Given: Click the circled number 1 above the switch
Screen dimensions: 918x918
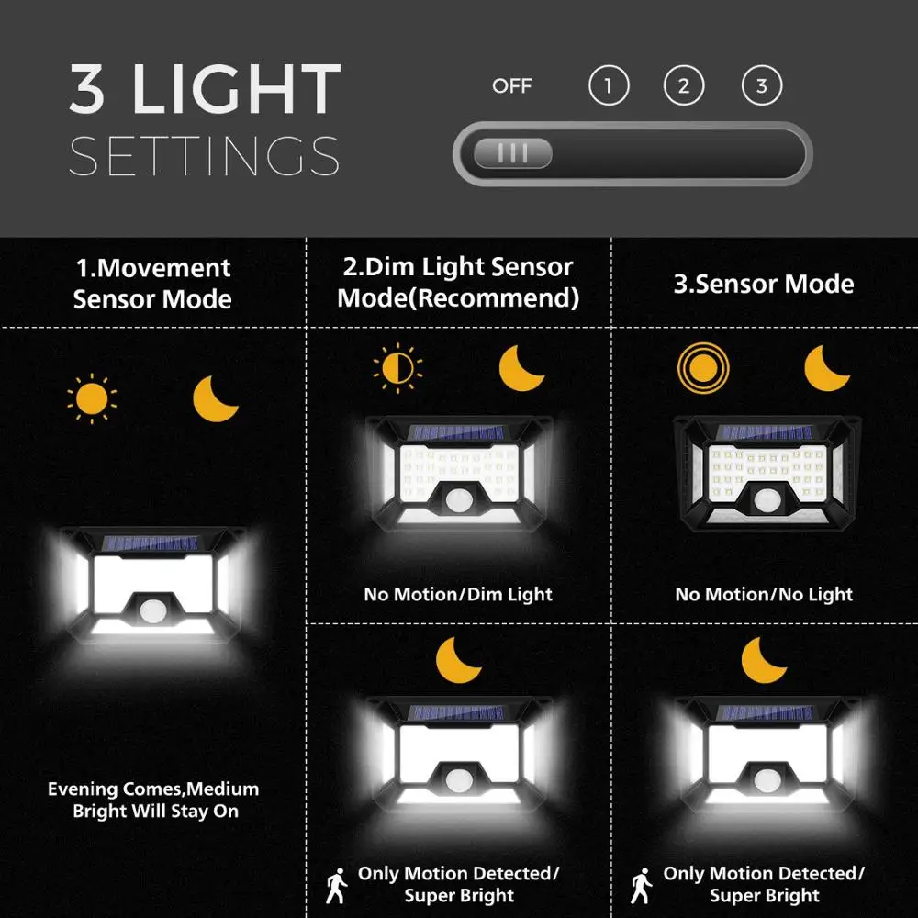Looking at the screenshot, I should click(x=608, y=87).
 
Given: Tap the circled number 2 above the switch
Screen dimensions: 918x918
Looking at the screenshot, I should click(x=684, y=87).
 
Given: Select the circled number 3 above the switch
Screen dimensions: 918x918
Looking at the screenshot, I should click(x=761, y=87).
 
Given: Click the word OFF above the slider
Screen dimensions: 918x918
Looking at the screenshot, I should click(x=512, y=86).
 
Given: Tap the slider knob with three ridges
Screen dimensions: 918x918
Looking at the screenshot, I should click(x=512, y=154).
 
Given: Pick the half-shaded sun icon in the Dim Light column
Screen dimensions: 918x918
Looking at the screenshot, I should click(x=397, y=368).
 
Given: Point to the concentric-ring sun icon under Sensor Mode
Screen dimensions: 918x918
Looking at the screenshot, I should click(x=702, y=368).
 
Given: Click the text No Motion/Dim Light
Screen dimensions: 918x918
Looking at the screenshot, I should click(x=458, y=594).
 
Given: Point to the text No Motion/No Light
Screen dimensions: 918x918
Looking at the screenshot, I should click(x=764, y=594).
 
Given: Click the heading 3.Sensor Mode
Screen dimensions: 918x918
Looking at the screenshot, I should click(x=764, y=284).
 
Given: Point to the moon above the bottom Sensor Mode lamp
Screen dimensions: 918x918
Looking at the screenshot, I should click(x=764, y=658).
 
